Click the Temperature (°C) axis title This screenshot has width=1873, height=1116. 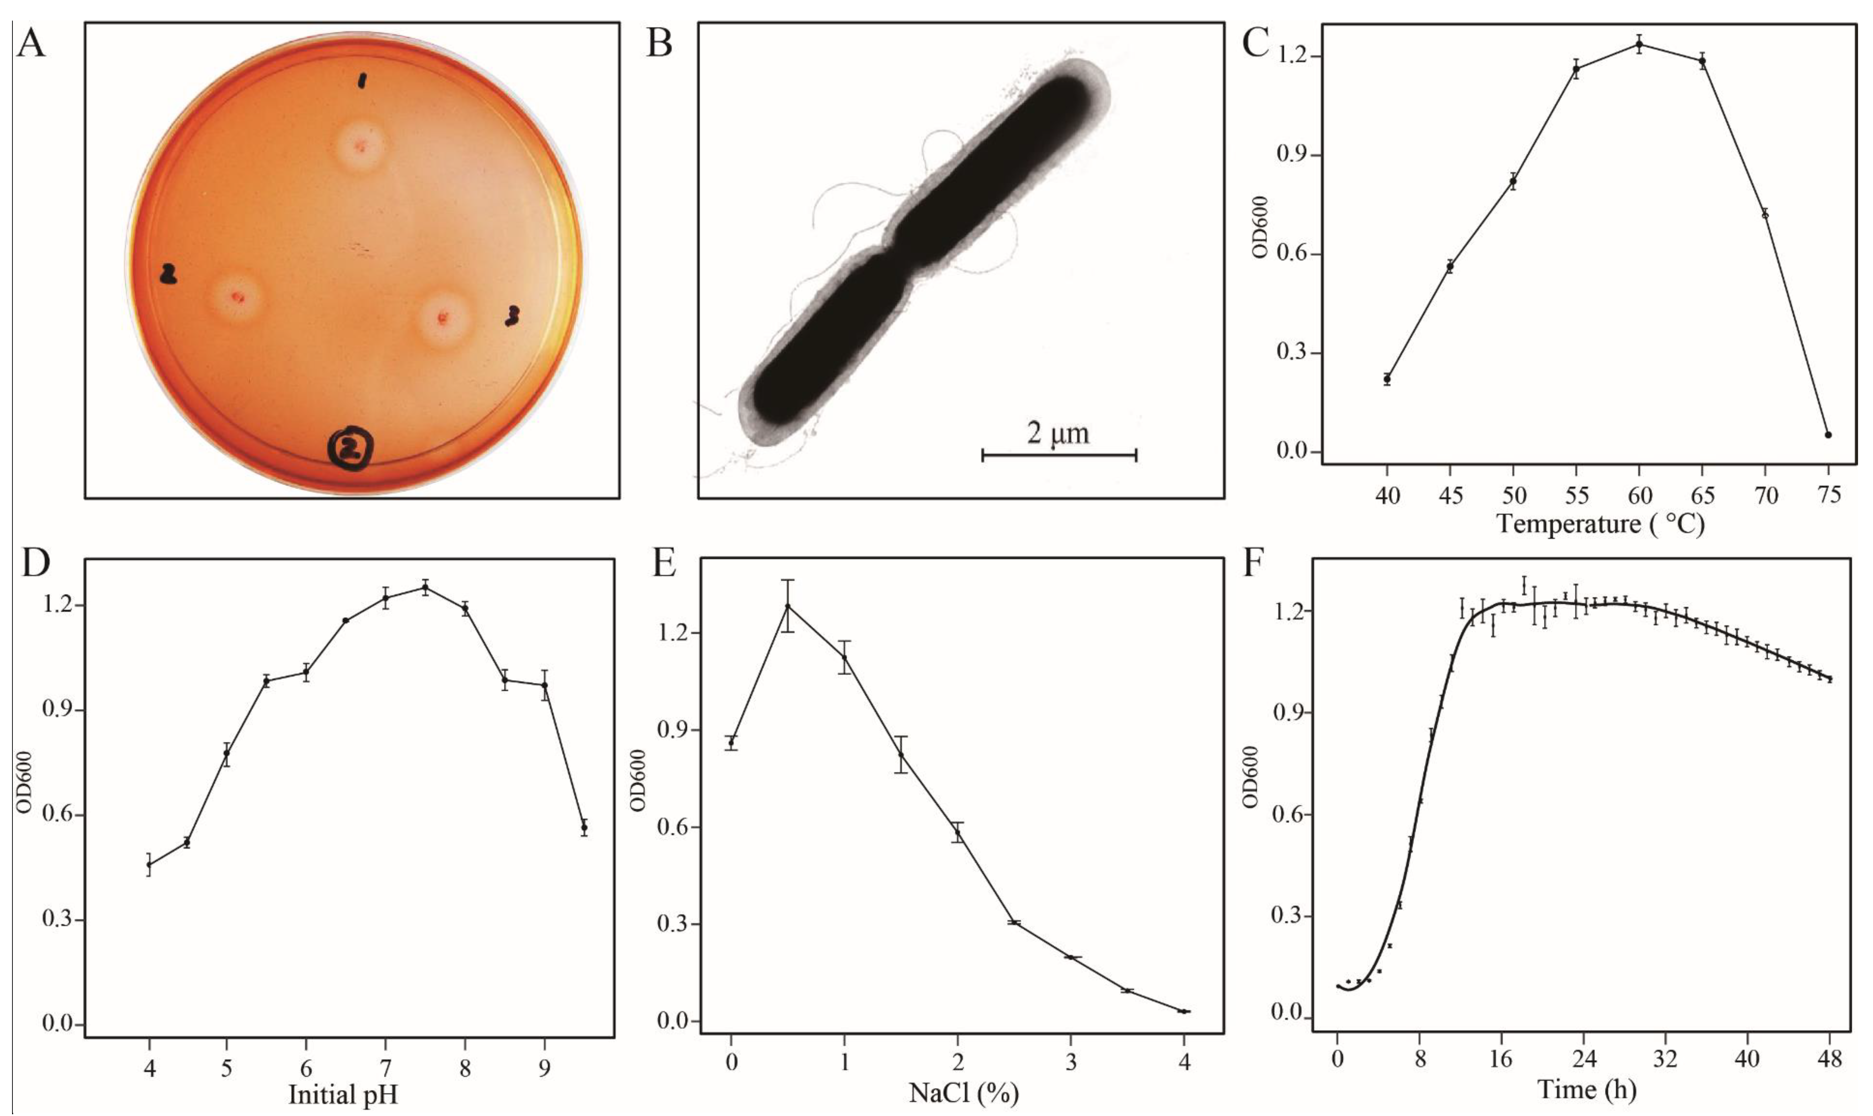[1601, 523]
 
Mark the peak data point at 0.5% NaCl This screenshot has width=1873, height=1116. [788, 606]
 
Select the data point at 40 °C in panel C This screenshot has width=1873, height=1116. [1387, 379]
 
